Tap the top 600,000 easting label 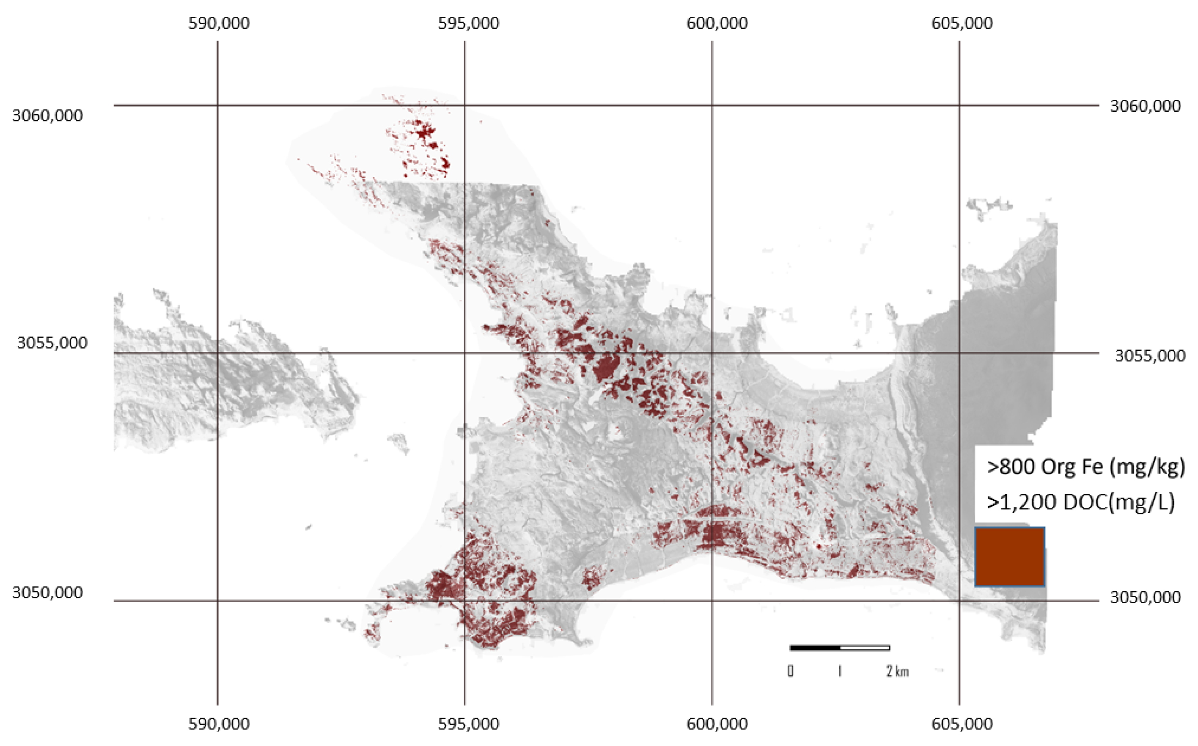tap(717, 23)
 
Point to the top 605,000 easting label tap(962, 23)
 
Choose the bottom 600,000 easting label tap(717, 724)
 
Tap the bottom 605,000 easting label tap(962, 724)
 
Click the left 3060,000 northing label tap(47, 116)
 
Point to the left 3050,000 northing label tap(47, 592)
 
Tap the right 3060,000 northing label tap(1145, 106)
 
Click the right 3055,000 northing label tap(1150, 356)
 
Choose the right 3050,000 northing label tap(1145, 597)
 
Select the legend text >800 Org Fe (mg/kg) tap(1085, 466)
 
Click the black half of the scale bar tap(815, 648)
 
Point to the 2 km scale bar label tap(897, 672)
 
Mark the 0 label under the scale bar tap(791, 672)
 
